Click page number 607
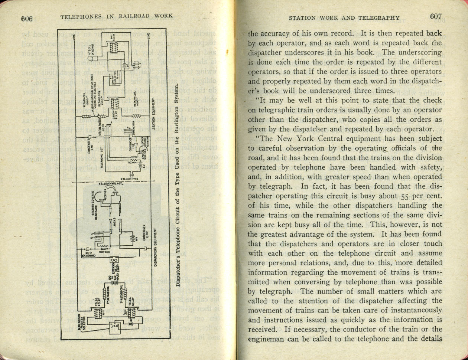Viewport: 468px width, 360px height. click(x=437, y=17)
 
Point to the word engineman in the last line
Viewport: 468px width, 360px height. click(x=265, y=339)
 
